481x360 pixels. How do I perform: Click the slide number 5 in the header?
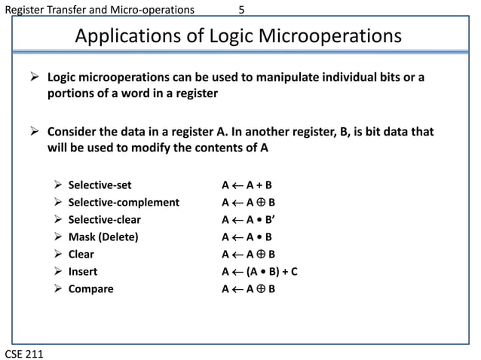[241, 10]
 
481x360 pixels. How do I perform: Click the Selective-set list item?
[100, 185]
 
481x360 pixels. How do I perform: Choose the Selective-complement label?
[124, 202]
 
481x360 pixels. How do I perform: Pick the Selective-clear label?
[104, 220]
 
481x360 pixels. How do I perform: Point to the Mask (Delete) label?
[103, 237]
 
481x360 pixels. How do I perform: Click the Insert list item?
[82, 272]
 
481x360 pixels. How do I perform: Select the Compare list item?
[90, 289]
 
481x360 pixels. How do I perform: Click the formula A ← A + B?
[247, 185]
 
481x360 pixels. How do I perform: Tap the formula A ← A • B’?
[247, 220]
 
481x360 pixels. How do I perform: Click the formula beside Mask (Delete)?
[247, 237]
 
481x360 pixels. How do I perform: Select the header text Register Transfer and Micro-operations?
[99, 10]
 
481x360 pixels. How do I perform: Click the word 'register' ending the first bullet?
[195, 94]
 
